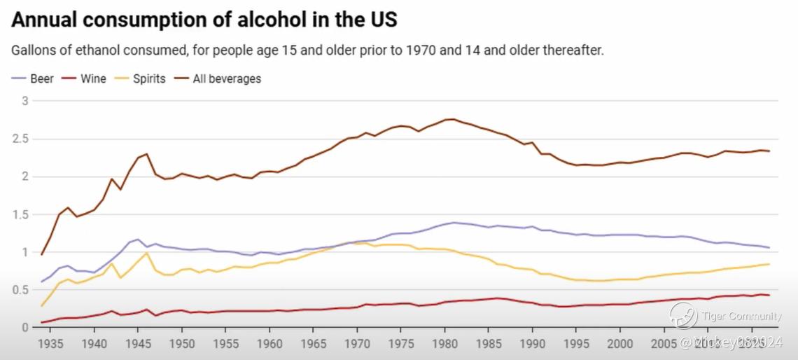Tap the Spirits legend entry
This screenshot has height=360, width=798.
click(x=141, y=78)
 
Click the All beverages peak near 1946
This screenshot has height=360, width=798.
click(x=146, y=154)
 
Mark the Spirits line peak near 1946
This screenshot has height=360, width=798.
click(x=146, y=253)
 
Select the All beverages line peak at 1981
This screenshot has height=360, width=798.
click(x=453, y=119)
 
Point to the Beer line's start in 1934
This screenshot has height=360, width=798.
click(x=41, y=282)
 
